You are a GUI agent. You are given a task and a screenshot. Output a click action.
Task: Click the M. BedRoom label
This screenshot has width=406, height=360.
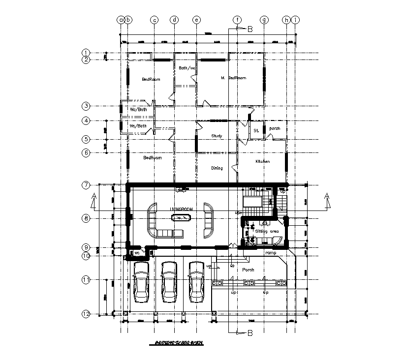click(234, 78)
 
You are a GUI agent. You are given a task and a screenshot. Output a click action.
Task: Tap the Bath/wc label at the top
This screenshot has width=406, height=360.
click(187, 68)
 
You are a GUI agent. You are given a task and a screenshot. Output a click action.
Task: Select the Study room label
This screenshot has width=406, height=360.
click(217, 136)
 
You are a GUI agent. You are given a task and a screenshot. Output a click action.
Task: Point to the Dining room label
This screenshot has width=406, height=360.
click(217, 168)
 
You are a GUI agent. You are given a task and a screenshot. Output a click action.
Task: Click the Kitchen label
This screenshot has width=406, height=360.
click(262, 161)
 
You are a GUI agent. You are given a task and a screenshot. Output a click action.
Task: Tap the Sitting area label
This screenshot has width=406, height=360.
click(267, 230)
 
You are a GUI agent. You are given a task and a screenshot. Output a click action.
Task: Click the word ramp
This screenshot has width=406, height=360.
click(271, 253)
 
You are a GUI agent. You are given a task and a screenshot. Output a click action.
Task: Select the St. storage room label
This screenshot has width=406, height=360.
click(256, 131)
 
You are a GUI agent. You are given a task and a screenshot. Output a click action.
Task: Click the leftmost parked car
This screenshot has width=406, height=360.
click(141, 282)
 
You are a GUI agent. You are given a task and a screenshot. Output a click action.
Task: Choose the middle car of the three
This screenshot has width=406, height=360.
click(169, 282)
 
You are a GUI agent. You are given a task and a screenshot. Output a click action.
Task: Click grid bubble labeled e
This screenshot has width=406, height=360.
click(196, 20)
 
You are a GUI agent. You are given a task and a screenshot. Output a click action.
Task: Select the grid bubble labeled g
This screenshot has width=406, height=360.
click(264, 20)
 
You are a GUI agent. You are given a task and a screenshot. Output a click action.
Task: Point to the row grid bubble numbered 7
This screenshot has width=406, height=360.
click(86, 185)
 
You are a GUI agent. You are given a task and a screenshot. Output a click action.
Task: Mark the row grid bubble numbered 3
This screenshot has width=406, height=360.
click(86, 106)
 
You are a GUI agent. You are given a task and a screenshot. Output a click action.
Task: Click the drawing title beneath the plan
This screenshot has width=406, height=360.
click(179, 343)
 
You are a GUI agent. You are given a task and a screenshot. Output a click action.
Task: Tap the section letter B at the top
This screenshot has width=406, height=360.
click(250, 30)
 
